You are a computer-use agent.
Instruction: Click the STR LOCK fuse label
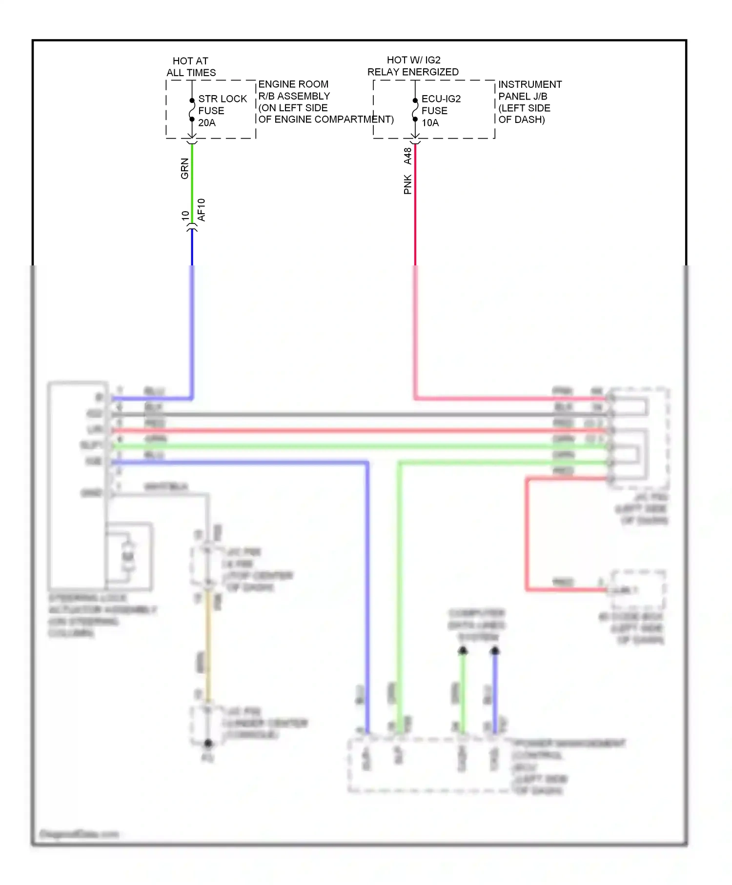click(x=222, y=99)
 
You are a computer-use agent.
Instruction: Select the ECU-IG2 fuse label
click(x=441, y=99)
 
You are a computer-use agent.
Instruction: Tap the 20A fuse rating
click(x=206, y=122)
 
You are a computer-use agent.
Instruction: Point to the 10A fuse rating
click(x=430, y=122)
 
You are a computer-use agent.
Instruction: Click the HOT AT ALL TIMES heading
click(x=191, y=67)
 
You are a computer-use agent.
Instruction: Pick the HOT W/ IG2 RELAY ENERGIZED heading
click(x=413, y=66)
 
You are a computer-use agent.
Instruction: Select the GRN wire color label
click(x=184, y=168)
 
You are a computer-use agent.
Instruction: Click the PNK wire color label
click(x=407, y=184)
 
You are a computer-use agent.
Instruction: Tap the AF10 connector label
click(x=202, y=210)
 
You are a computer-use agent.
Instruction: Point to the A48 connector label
click(x=407, y=156)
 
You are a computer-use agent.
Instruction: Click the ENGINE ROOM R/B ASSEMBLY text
click(x=294, y=90)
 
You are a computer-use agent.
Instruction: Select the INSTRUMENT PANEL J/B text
click(x=529, y=90)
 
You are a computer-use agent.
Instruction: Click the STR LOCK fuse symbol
click(x=192, y=110)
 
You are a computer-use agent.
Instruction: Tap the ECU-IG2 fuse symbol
click(x=415, y=110)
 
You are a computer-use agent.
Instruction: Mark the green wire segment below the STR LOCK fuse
click(x=192, y=183)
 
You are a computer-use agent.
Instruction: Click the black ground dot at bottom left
click(x=208, y=743)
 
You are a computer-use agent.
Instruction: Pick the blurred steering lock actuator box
click(x=77, y=485)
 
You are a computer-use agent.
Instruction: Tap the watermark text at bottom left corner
click(x=78, y=834)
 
